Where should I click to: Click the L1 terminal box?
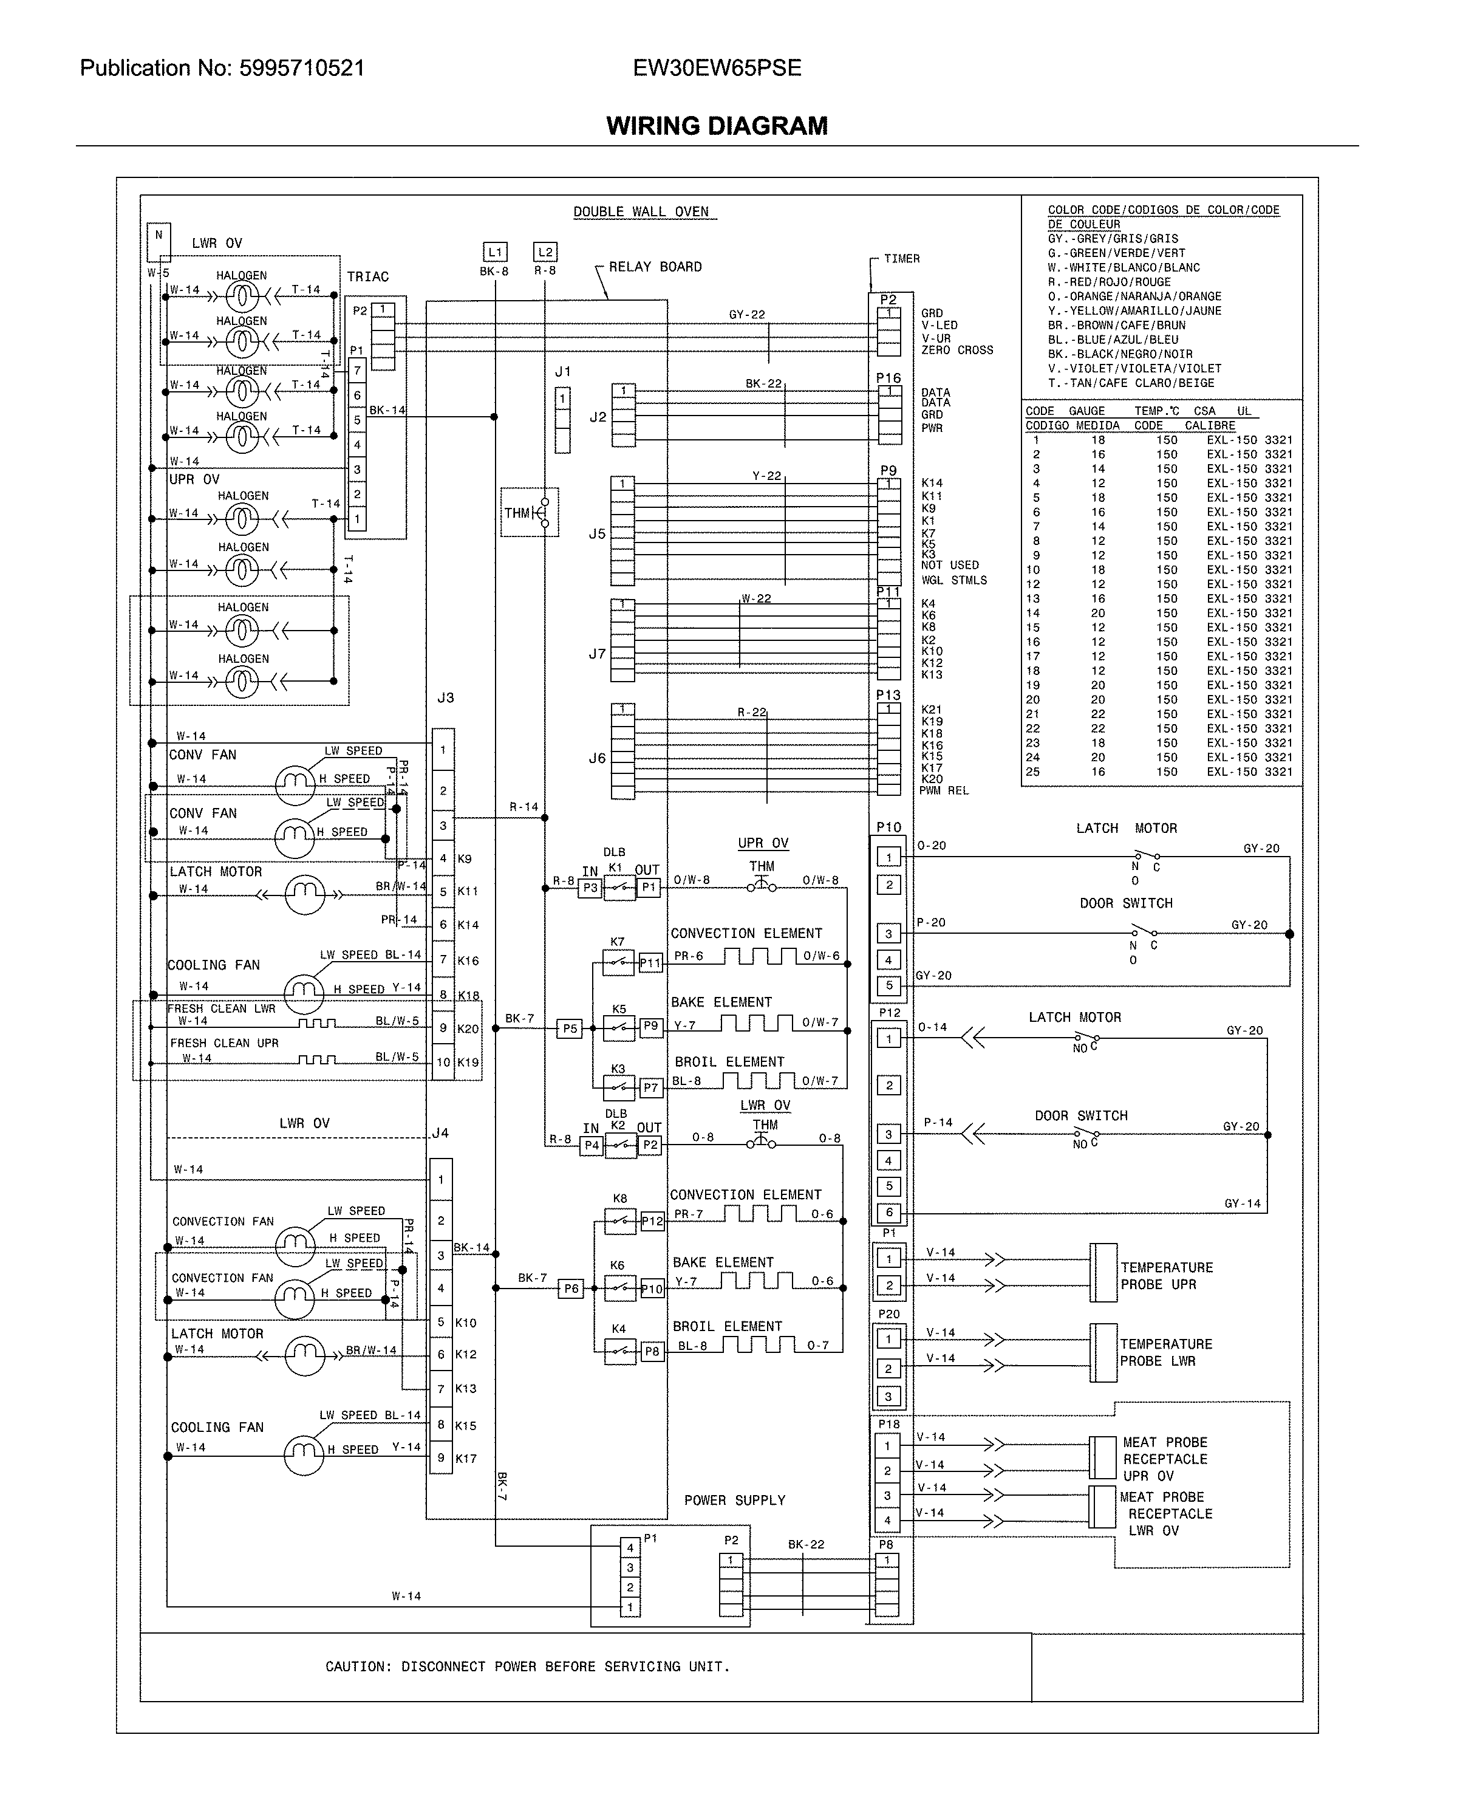tap(495, 252)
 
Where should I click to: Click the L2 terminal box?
tap(545, 252)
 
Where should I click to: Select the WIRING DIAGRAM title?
tap(717, 126)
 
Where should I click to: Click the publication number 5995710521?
tap(302, 68)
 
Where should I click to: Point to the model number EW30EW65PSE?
tap(717, 68)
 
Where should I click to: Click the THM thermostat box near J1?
tap(529, 513)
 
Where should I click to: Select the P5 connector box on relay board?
tap(570, 1029)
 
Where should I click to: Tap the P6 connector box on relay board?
tap(570, 1289)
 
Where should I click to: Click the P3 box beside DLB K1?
tap(590, 888)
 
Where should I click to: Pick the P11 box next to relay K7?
tap(650, 963)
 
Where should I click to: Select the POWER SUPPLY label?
tap(734, 1500)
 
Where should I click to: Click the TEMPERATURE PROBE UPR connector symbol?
tap(1103, 1272)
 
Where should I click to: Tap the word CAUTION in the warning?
tap(357, 1667)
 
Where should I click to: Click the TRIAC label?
tap(367, 276)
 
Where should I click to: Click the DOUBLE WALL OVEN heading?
tap(641, 211)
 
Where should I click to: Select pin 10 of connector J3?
tap(443, 1063)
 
